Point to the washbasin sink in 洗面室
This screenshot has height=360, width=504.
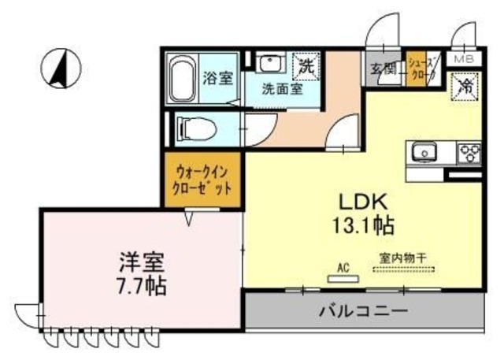coord(270,65)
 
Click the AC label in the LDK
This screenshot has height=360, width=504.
coord(343,267)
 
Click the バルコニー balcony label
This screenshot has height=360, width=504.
coord(363,310)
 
